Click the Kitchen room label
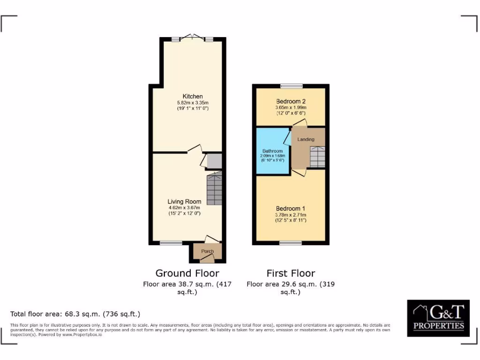point(193,97)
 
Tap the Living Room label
point(184,202)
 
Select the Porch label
point(207,252)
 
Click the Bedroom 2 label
point(291,101)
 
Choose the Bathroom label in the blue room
point(272,151)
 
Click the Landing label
point(306,139)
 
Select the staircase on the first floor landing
point(317,156)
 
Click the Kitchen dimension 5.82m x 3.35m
point(193,103)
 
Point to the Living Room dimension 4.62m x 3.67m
point(184,208)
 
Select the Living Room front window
point(171,243)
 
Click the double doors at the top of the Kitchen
point(193,38)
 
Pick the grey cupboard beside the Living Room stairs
point(214,161)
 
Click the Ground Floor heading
point(187,273)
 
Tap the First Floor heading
point(291,273)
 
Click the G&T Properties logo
point(438,318)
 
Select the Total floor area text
point(75,314)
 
